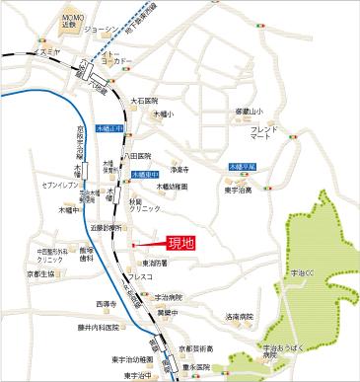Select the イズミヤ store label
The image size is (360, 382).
pyautogui.click(x=44, y=49)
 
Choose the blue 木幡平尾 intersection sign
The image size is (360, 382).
pyautogui.click(x=241, y=167)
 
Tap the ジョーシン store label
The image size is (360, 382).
pyautogui.click(x=101, y=31)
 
